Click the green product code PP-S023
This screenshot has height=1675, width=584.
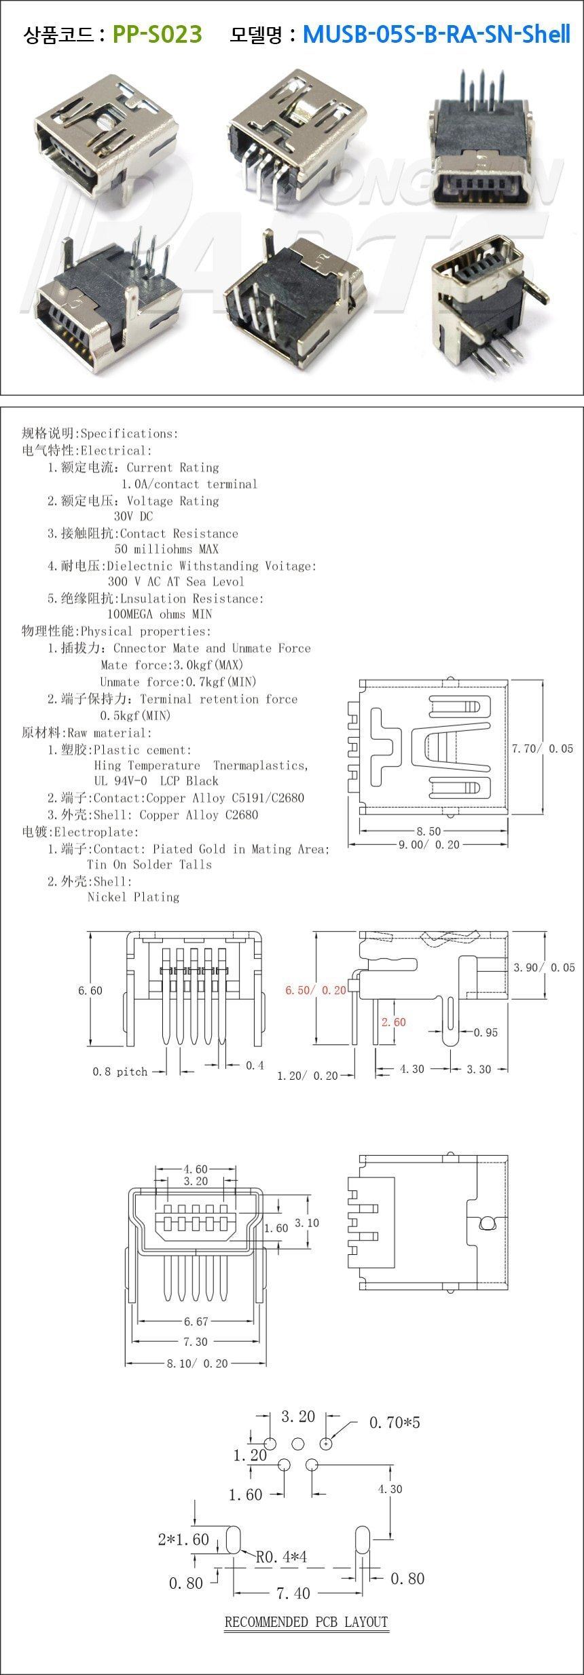pyautogui.click(x=157, y=33)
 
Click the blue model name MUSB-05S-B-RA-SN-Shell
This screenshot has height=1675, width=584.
pyautogui.click(x=436, y=33)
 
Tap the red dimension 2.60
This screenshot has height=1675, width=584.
pyautogui.click(x=394, y=1021)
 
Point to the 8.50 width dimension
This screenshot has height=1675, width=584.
pyautogui.click(x=428, y=831)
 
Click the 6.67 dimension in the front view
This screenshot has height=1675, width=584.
pyautogui.click(x=196, y=1321)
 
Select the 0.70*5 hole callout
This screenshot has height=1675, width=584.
pyautogui.click(x=395, y=1421)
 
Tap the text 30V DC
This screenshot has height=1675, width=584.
pyautogui.click(x=134, y=516)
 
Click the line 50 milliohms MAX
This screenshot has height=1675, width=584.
pyautogui.click(x=166, y=548)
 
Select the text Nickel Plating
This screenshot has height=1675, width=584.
pyautogui.click(x=133, y=897)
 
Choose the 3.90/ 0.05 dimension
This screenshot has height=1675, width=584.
pyautogui.click(x=544, y=967)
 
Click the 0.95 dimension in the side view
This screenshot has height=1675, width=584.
pyautogui.click(x=486, y=1032)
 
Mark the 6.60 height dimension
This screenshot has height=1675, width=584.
pyautogui.click(x=90, y=990)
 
